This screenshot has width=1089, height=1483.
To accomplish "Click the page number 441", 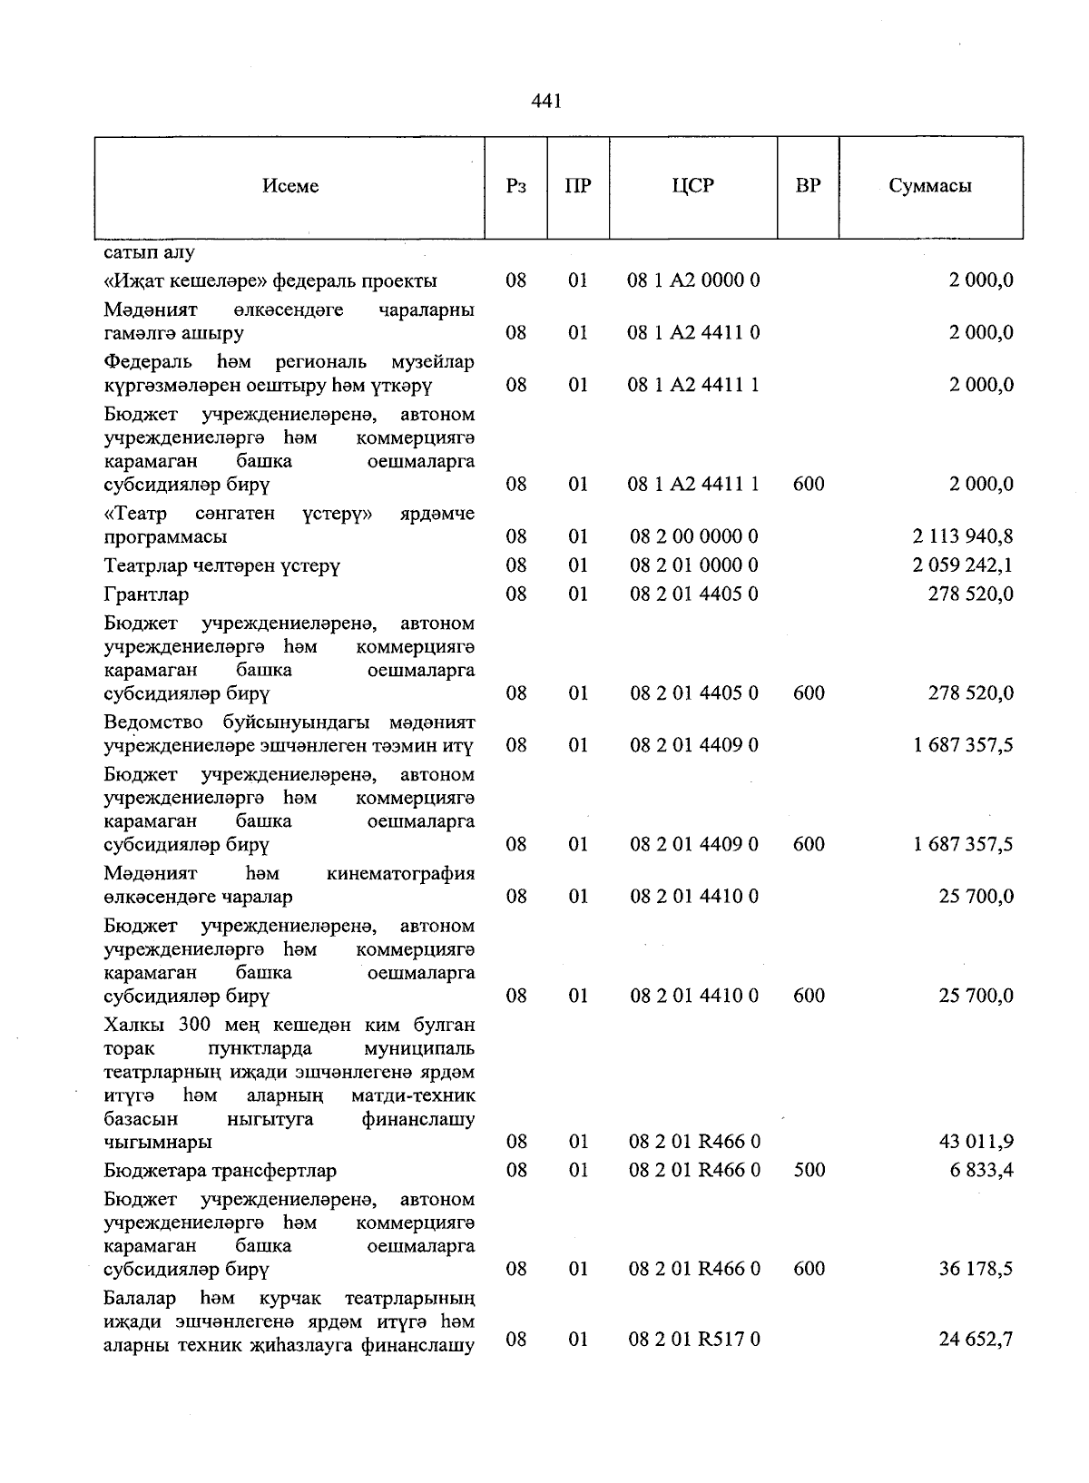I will tap(546, 101).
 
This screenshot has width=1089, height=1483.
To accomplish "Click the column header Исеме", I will tap(290, 186).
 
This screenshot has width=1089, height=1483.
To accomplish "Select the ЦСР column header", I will tap(692, 186).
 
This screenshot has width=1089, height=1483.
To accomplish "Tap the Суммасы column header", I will tap(930, 186).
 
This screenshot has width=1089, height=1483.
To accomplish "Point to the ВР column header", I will tap(808, 186).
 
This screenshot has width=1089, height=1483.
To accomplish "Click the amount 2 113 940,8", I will tap(963, 536).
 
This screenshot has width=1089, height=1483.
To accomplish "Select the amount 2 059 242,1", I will tap(963, 565).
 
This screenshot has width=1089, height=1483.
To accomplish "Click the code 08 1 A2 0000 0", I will tap(693, 280).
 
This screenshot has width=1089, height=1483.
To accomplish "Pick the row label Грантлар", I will tap(146, 594).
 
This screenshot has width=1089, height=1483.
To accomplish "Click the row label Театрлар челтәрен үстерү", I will tap(222, 565).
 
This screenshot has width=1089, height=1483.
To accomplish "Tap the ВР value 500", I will tap(809, 1170).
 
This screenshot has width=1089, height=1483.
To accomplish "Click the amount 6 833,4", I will tap(983, 1170).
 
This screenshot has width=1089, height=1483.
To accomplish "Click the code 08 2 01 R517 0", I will tap(694, 1339).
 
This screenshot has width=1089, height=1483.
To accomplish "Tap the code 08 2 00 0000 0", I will tap(694, 536).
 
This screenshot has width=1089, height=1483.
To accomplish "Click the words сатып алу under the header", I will tap(149, 251).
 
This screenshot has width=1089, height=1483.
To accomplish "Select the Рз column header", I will tap(515, 186).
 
